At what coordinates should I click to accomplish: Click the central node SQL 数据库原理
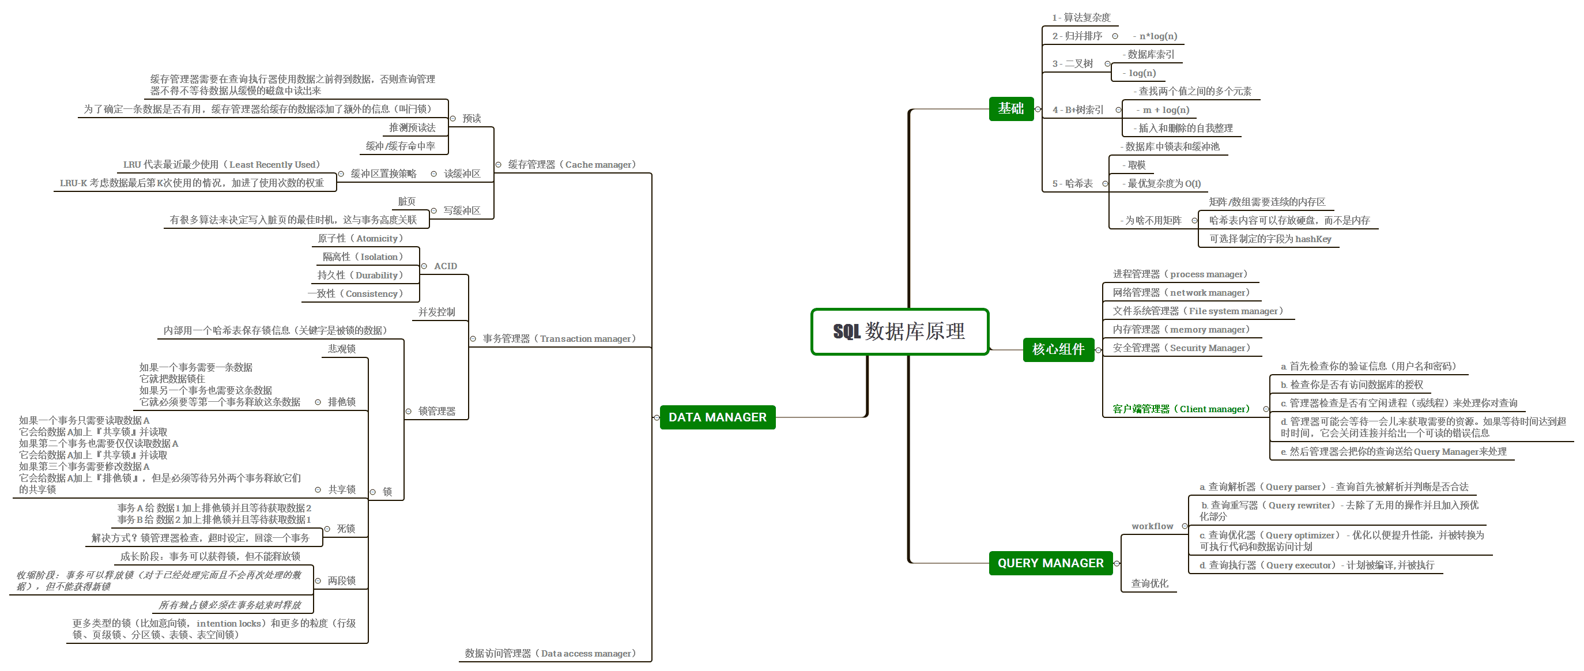point(899,331)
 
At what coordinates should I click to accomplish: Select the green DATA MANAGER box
point(717,417)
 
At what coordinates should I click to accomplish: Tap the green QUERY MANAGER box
point(1050,563)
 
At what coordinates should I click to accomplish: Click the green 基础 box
point(1011,109)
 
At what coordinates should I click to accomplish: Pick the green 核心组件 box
point(1058,349)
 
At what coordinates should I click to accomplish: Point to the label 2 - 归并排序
point(1077,36)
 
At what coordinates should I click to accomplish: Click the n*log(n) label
point(1158,36)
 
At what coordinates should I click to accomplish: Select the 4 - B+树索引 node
point(1077,110)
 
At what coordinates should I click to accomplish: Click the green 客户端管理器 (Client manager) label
point(1181,409)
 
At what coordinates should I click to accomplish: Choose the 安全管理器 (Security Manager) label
point(1181,348)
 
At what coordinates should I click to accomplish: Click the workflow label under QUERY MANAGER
point(1152,526)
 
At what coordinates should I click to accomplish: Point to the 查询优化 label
point(1149,583)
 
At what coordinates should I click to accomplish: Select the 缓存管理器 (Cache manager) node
point(571,165)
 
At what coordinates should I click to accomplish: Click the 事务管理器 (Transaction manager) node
point(559,339)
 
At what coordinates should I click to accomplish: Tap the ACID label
point(445,266)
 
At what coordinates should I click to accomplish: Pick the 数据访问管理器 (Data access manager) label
point(550,653)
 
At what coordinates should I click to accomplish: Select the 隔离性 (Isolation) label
point(363,257)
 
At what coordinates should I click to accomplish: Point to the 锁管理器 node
point(436,412)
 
